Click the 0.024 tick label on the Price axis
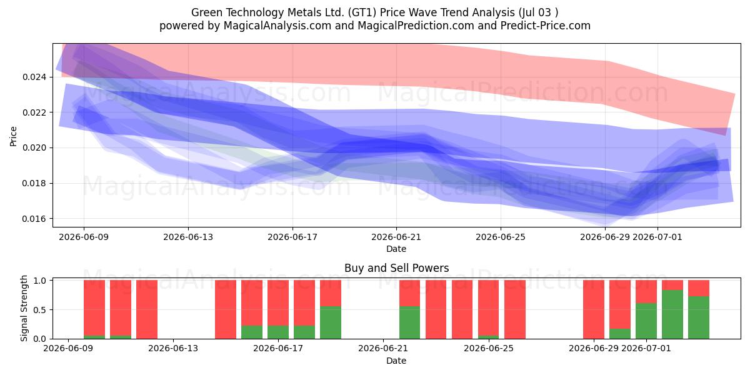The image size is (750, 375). click(34, 77)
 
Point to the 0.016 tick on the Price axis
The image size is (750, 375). click(34, 219)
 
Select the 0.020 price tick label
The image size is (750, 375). click(34, 147)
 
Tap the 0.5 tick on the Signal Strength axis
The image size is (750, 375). click(40, 310)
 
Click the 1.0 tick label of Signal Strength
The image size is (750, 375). click(40, 280)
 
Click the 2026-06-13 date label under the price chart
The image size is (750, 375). click(188, 237)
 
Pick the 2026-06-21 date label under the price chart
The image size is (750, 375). click(396, 237)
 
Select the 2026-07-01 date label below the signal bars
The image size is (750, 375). click(646, 348)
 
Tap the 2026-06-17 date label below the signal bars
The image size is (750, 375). click(278, 348)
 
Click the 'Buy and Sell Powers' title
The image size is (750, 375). click(396, 268)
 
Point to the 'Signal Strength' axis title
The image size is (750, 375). click(24, 308)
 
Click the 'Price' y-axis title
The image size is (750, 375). click(13, 136)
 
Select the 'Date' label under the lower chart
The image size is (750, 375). click(396, 361)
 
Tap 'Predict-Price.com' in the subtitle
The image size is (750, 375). click(546, 26)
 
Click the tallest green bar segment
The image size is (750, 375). click(672, 314)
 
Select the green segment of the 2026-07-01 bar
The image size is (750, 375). click(646, 321)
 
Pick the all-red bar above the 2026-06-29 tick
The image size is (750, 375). click(594, 309)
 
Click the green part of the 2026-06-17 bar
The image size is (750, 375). click(278, 332)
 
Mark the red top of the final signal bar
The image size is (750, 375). click(699, 288)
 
